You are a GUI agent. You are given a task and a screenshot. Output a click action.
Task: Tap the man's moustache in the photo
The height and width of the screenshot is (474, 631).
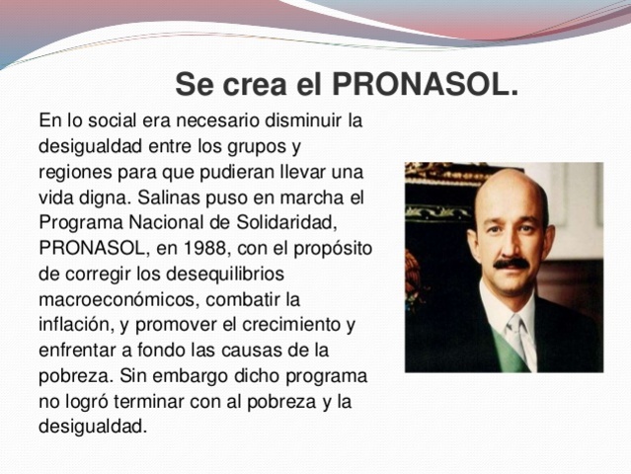pyautogui.click(x=511, y=264)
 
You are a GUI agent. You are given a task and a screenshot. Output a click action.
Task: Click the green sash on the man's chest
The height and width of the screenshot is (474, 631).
pyautogui.click(x=513, y=355)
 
